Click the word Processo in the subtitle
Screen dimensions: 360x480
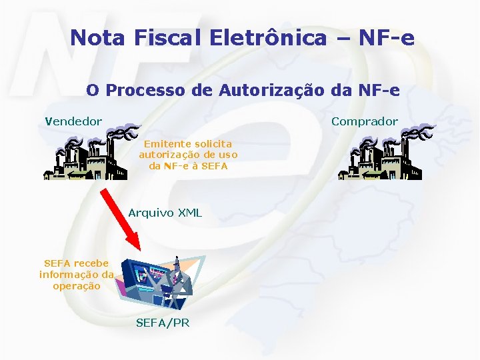coord(140,89)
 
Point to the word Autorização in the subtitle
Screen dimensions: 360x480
coord(265,89)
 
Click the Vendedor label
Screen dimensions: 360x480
coord(73,121)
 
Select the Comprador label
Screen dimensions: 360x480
coord(365,121)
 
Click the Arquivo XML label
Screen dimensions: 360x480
coord(165,213)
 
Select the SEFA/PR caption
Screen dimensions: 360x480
coord(163,323)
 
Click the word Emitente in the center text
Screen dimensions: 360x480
coord(167,143)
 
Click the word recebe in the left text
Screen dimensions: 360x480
coord(91,263)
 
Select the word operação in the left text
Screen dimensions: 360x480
coord(76,286)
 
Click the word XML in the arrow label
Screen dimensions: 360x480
coord(189,213)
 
